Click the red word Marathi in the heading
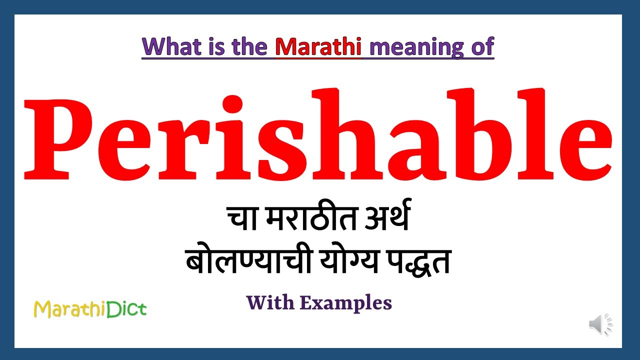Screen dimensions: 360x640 pos(318,46)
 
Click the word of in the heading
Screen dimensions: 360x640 pos(481,46)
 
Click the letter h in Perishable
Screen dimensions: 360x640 pos(322,132)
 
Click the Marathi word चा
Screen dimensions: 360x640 pos(243,220)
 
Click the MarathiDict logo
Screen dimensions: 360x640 pos(90,309)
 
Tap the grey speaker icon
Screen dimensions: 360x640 pos(600,325)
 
